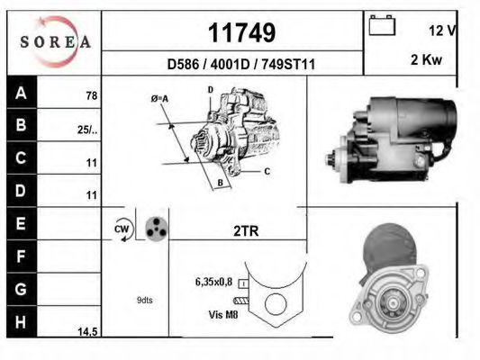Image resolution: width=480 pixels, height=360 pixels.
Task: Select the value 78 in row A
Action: (x=91, y=95)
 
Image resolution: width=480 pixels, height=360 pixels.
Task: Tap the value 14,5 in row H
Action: (x=86, y=332)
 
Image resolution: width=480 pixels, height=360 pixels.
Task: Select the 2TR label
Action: (x=246, y=230)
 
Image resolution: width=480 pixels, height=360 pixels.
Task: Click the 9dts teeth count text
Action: (x=145, y=300)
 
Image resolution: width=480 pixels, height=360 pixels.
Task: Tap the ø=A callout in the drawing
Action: (x=159, y=98)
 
